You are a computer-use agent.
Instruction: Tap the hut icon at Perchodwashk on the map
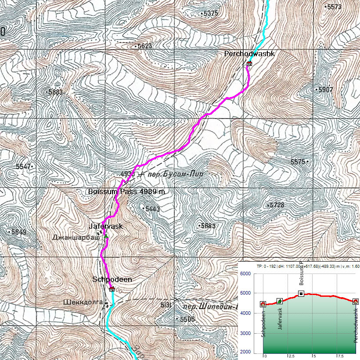click(x=249, y=64)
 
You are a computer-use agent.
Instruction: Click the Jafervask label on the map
click(x=105, y=226)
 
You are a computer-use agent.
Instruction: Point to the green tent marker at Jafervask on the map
click(x=106, y=236)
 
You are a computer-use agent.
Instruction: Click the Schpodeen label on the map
click(x=112, y=279)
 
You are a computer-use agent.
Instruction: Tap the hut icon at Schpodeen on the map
click(x=112, y=289)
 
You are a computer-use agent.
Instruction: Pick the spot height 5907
click(x=325, y=90)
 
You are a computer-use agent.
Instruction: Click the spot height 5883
click(x=56, y=92)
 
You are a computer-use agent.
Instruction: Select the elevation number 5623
click(x=144, y=46)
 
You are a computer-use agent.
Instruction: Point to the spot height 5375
click(x=210, y=14)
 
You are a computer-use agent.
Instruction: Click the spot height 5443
click(x=152, y=209)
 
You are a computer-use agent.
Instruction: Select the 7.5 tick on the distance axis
click(x=336, y=355)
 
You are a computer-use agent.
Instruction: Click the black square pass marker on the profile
click(x=301, y=294)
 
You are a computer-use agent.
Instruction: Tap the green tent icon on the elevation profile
click(x=280, y=301)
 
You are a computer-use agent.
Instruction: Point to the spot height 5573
click(x=333, y=7)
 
